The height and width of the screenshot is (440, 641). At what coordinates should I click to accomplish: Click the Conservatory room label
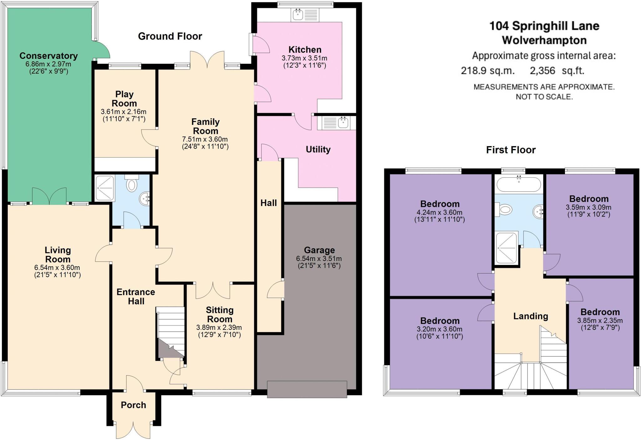[x=49, y=56]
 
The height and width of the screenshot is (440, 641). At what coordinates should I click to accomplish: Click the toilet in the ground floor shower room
[x=132, y=184]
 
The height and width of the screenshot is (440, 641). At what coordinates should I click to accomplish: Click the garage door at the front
[x=307, y=389]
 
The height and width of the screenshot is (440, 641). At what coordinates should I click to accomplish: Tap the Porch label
[x=133, y=405]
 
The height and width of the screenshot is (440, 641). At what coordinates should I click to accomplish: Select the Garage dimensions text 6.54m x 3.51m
[x=319, y=259]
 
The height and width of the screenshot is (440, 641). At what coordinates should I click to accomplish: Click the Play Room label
[x=124, y=99]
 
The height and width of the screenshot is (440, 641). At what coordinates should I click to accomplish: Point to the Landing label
[x=531, y=316]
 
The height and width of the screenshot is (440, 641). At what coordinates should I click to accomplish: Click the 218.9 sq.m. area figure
[x=487, y=71]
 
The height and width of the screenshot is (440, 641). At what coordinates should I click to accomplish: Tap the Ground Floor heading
[x=170, y=36]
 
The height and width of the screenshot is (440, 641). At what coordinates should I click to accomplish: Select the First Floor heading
[x=511, y=150]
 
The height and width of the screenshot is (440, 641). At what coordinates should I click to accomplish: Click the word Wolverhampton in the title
[x=544, y=40]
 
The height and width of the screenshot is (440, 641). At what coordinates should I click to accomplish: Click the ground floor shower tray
[x=105, y=188]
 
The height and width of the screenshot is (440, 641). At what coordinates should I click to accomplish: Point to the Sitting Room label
[x=219, y=315]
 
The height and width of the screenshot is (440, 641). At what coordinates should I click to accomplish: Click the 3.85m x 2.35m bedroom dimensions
[x=600, y=320]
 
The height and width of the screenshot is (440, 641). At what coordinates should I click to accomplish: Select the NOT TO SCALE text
[x=544, y=97]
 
